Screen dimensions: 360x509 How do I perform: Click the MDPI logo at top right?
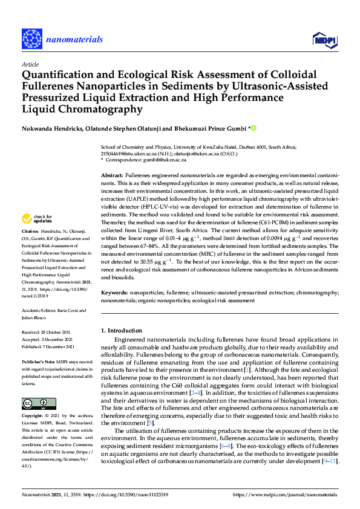(x=323, y=41)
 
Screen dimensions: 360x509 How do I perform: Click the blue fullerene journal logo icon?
(x=31, y=40)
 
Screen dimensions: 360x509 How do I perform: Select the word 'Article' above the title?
(x=30, y=64)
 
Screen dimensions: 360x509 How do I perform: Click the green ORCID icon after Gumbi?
(x=255, y=128)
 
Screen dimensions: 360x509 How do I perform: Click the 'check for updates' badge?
(x=39, y=219)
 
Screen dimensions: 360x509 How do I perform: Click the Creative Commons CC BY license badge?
(x=39, y=386)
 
